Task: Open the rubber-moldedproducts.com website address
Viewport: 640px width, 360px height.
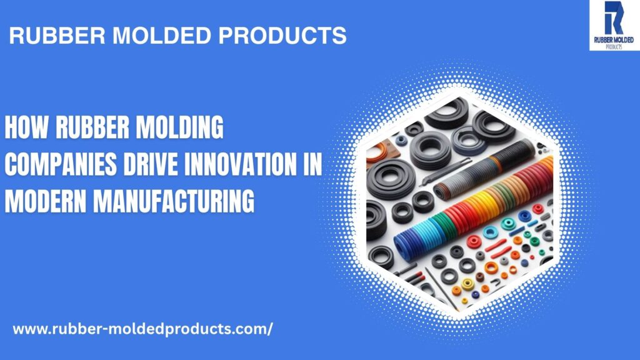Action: [x=142, y=329]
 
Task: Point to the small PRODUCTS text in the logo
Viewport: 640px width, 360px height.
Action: [x=614, y=47]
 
